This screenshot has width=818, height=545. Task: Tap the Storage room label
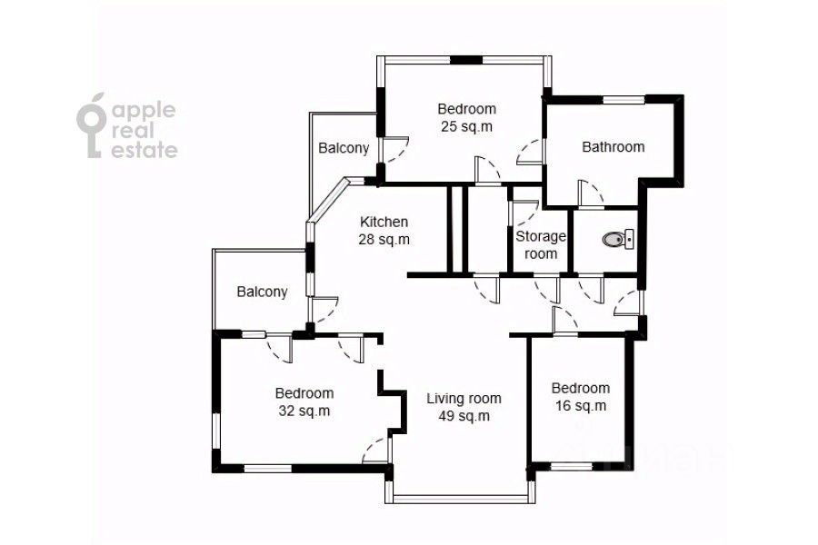coord(541,245)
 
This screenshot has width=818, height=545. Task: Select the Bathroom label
coord(613,147)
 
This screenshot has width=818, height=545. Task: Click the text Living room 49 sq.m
coord(464,407)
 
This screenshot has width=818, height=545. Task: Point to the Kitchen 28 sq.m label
coord(384,231)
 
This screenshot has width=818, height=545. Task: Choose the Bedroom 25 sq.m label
coord(466,117)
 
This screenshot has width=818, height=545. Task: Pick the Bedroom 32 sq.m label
coord(304,401)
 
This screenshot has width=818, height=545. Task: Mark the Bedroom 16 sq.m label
coord(580,397)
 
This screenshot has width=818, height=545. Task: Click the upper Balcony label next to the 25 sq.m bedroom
coord(344,148)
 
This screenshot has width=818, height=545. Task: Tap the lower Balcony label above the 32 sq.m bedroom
coord(262,292)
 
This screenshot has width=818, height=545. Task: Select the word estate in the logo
coord(145,150)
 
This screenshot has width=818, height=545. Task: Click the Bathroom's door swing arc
coord(591,194)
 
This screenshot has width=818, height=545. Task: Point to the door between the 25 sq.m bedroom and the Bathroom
coord(530,153)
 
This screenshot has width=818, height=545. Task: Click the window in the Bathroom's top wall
coord(623,100)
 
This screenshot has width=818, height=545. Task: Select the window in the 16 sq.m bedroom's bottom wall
coord(572,466)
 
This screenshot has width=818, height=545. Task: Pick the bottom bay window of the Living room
coord(460,499)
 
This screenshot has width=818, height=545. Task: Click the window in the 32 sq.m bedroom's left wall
coord(216,431)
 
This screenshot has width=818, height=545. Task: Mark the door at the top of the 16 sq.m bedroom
coord(565,321)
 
